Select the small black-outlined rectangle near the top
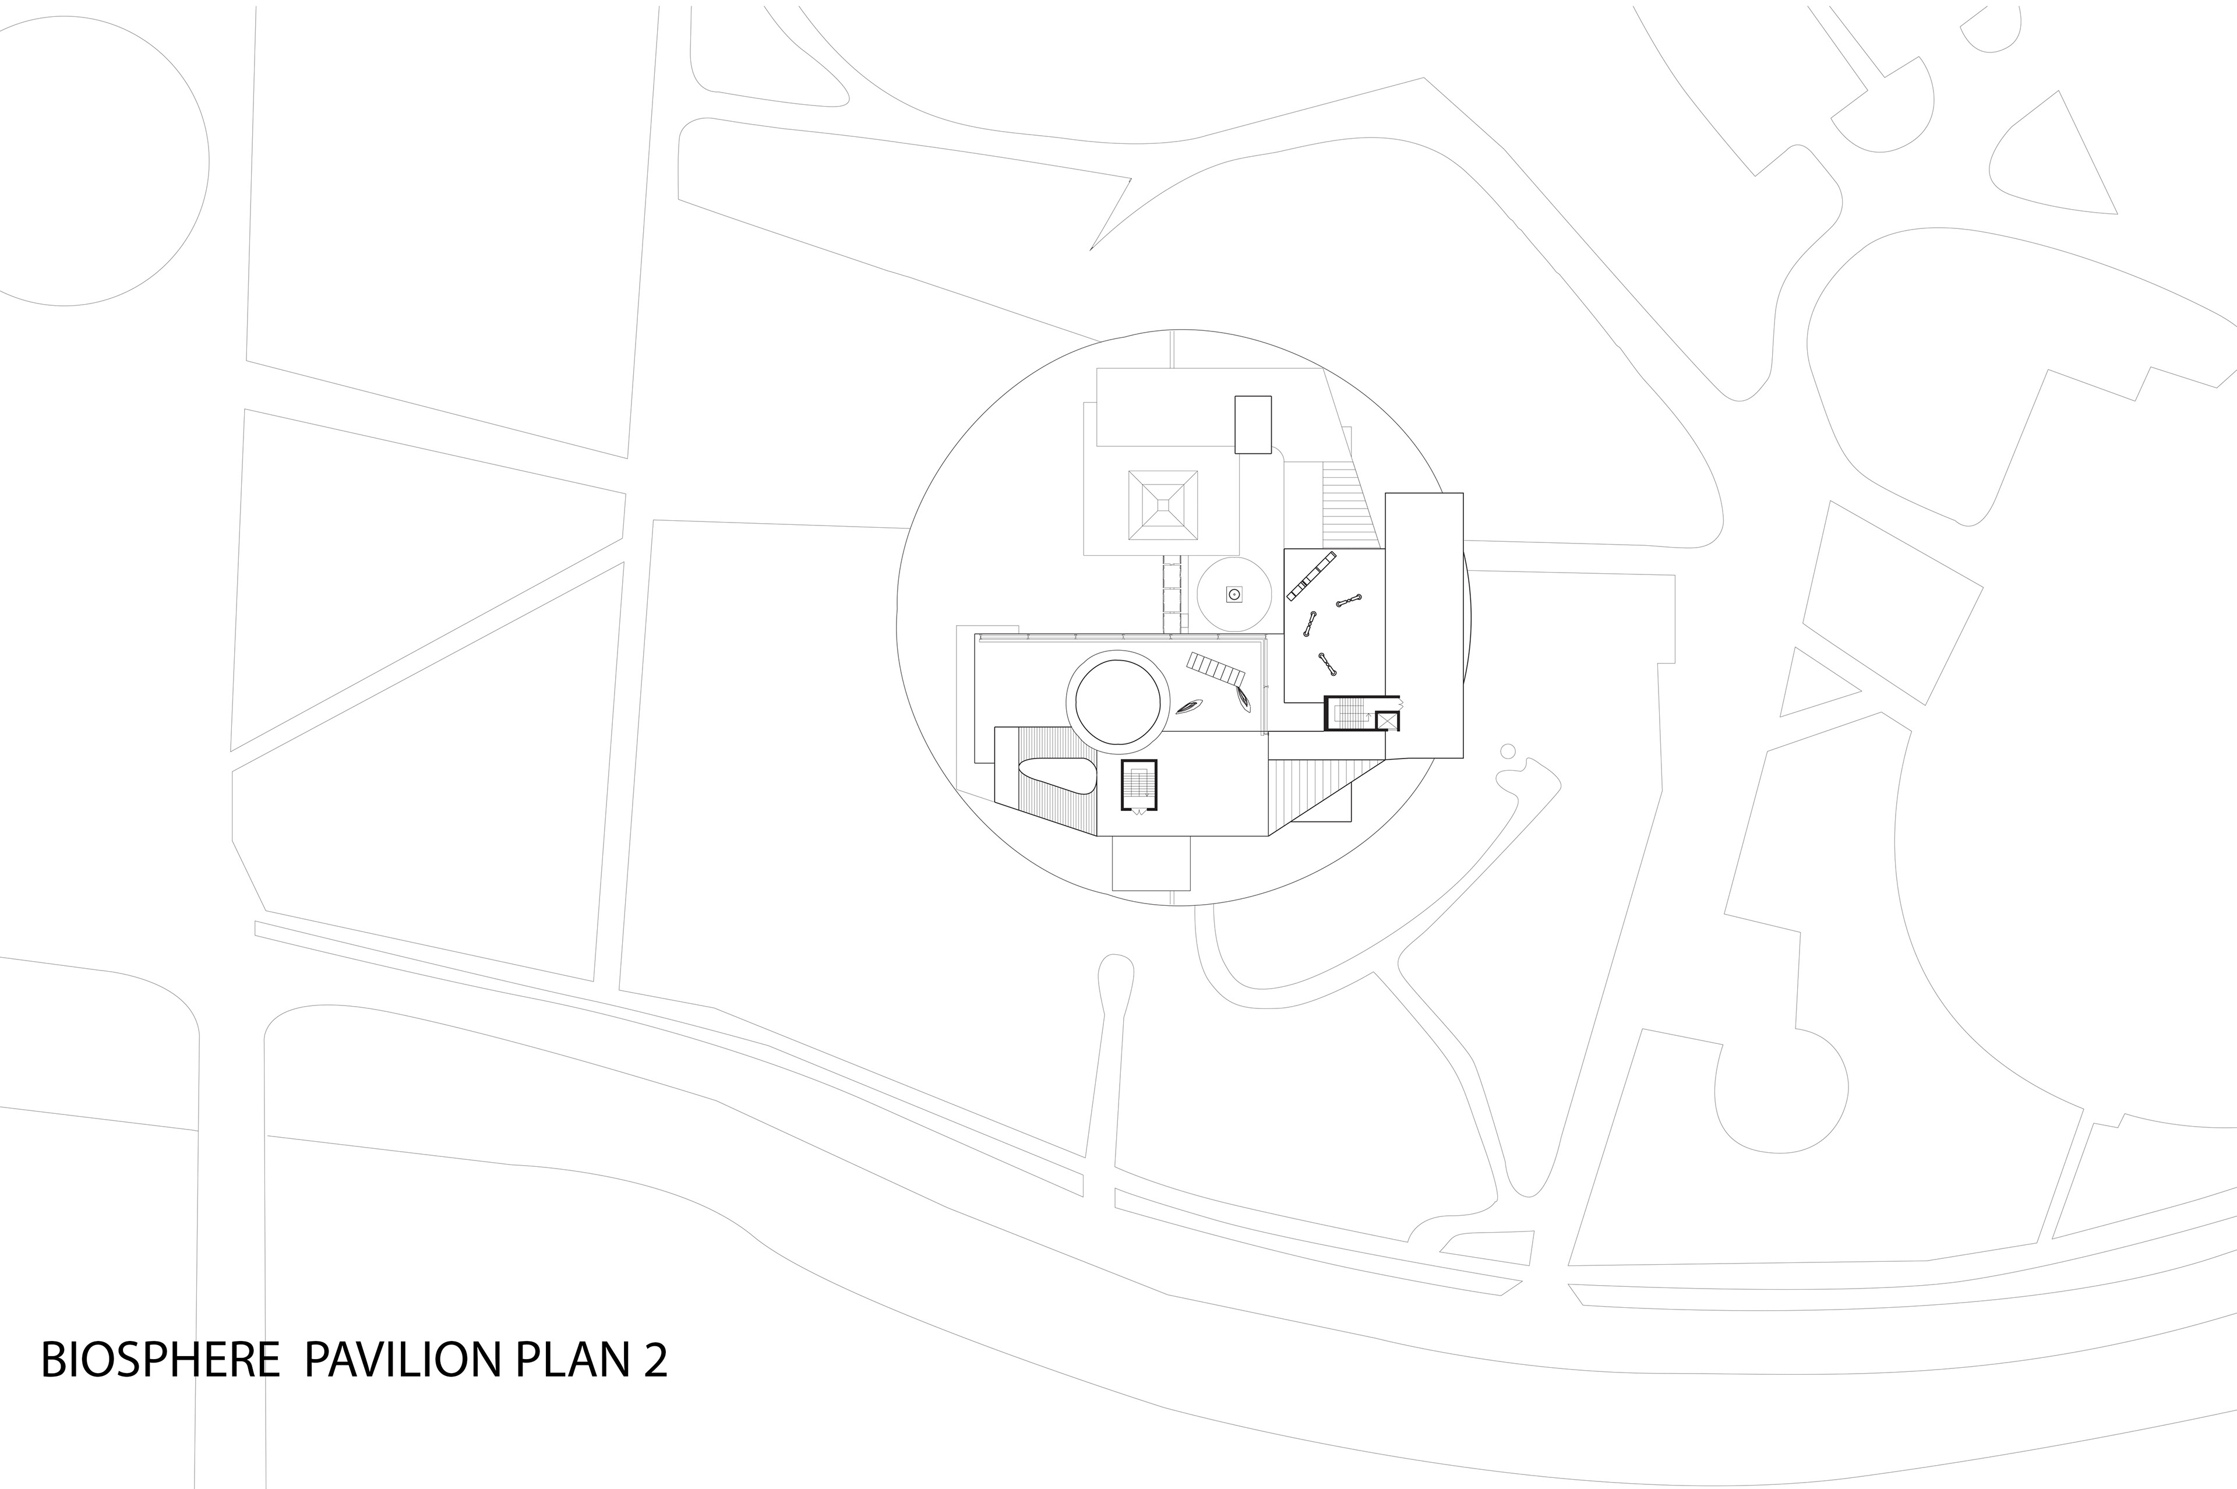1252,425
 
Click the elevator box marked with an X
1387,721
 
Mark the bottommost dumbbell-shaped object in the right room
1326,662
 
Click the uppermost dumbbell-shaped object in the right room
1349,600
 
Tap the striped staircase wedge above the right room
1346,503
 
